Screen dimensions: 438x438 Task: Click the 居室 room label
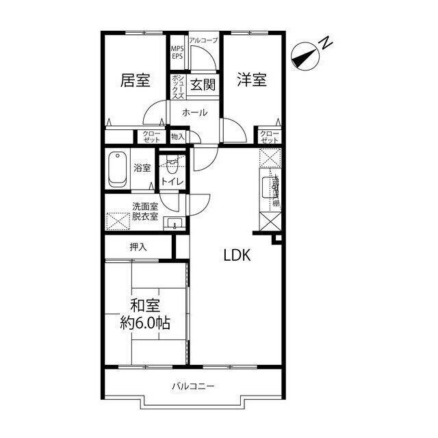coord(135,81)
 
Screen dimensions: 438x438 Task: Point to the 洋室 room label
coord(251,79)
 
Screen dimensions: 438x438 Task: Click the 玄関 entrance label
coord(203,85)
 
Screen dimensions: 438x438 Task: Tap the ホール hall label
coord(195,112)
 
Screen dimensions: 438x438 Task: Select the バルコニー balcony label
coord(192,387)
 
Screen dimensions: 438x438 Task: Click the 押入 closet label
coord(138,246)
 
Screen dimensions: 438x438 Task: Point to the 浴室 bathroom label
coord(142,168)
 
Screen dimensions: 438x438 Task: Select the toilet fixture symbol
coord(172,164)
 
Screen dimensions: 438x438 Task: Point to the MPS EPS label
coord(177,52)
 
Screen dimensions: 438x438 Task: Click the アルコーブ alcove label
coord(203,40)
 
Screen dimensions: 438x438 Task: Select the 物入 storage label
coord(178,137)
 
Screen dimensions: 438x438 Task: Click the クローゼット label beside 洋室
coord(270,137)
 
